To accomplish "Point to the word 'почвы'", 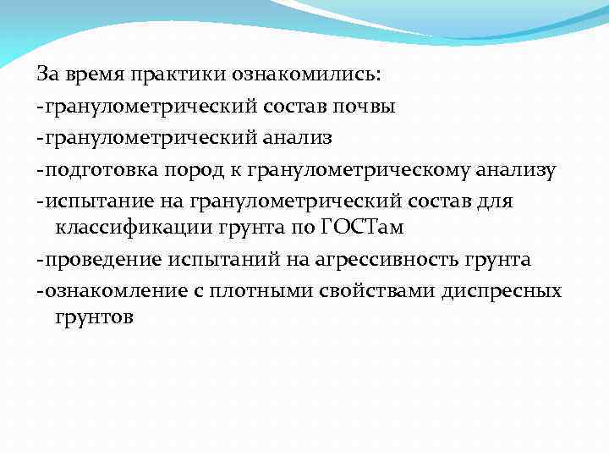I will (366, 107).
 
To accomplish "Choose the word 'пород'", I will (189, 170).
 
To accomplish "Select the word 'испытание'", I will (89, 202).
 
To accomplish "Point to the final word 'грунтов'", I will (94, 317).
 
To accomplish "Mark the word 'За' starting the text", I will (46, 75).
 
